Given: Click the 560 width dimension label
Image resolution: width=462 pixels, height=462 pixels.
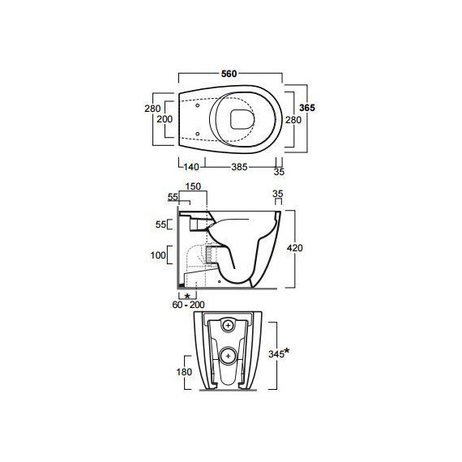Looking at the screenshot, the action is pyautogui.click(x=229, y=74).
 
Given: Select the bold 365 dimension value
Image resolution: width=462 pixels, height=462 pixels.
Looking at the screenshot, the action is pyautogui.click(x=307, y=108).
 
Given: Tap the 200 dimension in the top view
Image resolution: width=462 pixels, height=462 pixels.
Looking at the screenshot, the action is pyautogui.click(x=165, y=119).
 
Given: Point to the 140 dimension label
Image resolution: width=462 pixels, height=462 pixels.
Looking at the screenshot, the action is pyautogui.click(x=191, y=167).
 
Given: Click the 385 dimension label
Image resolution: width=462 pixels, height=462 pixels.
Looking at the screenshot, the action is pyautogui.click(x=239, y=167).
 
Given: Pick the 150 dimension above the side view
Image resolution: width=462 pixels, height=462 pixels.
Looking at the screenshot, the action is pyautogui.click(x=193, y=186).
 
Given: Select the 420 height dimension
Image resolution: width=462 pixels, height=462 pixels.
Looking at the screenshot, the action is pyautogui.click(x=295, y=248).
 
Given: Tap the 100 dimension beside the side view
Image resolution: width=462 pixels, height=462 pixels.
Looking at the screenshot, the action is pyautogui.click(x=158, y=255).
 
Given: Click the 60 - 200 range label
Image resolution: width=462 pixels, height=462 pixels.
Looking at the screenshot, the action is pyautogui.click(x=188, y=305).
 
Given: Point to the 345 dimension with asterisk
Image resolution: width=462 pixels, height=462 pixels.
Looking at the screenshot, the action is pyautogui.click(x=279, y=353).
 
